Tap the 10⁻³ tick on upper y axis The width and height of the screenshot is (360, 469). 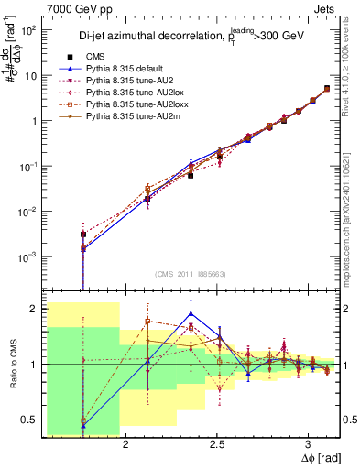coord(28,256)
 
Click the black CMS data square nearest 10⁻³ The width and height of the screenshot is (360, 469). coord(83,234)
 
